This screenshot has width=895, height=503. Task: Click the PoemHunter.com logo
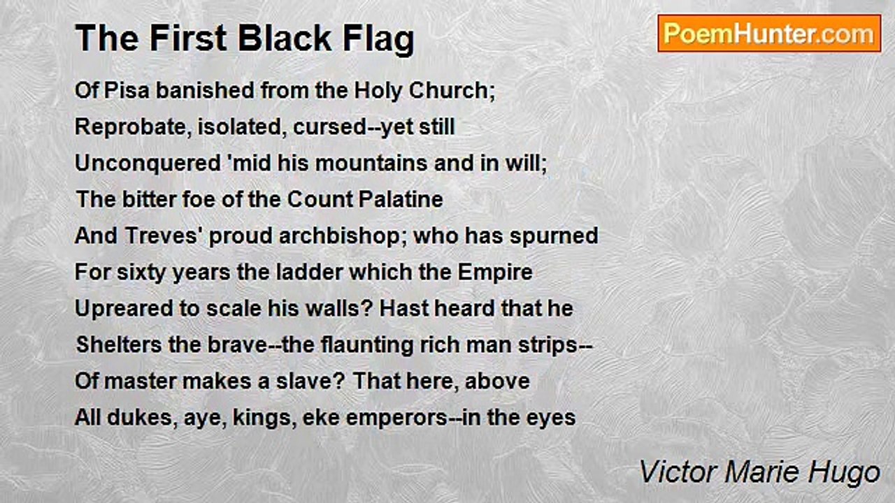point(769,33)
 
